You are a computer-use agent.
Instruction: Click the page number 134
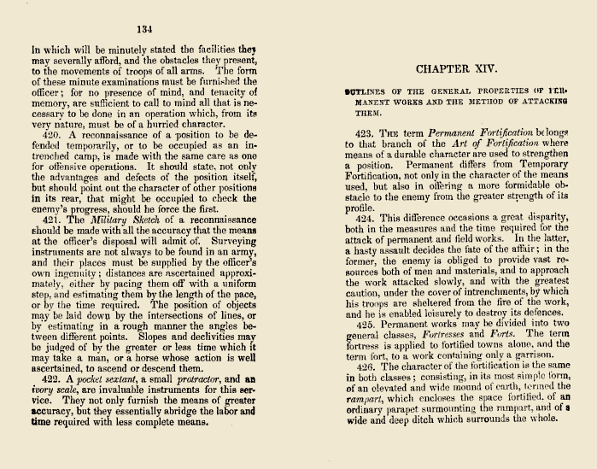(x=144, y=30)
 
